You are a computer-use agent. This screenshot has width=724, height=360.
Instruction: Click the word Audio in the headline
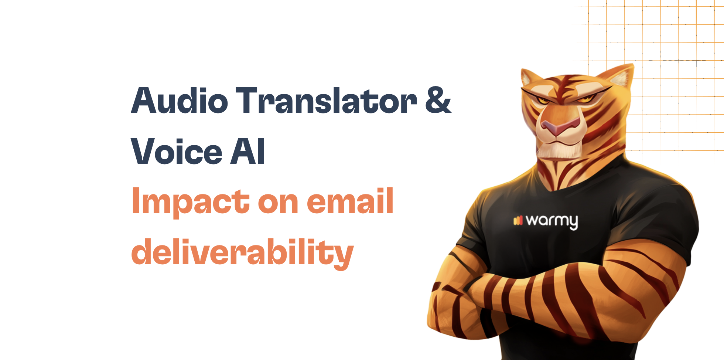[x=180, y=100]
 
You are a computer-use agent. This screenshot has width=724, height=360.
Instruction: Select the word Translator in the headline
[x=327, y=100]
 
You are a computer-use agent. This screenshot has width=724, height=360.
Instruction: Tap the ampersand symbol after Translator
[x=438, y=100]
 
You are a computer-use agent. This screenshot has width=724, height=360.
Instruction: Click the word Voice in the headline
[x=177, y=151]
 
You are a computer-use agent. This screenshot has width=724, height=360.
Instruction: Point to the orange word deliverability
[x=242, y=253]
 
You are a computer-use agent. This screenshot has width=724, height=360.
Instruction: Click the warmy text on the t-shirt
[x=551, y=221]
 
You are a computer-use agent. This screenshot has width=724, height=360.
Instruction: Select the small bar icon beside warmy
[x=518, y=221]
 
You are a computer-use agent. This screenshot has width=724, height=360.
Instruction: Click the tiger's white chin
[x=554, y=150]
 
